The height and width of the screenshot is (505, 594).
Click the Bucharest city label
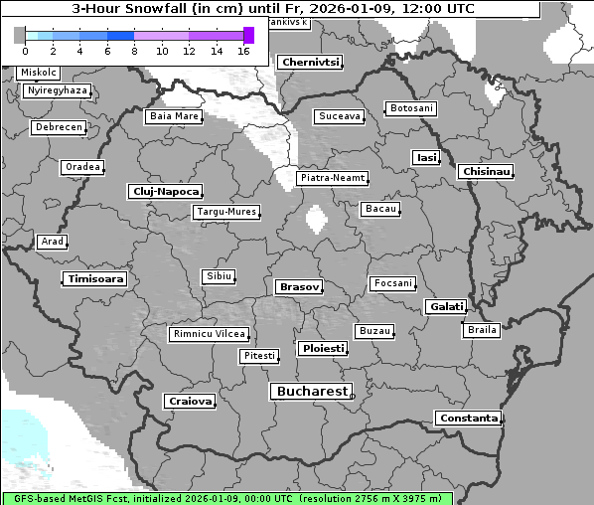click(x=311, y=392)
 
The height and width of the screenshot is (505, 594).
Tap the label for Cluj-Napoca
click(x=165, y=191)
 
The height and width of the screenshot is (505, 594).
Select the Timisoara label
click(x=95, y=279)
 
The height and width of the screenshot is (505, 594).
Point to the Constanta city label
click(x=468, y=419)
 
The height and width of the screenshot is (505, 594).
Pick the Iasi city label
click(x=426, y=157)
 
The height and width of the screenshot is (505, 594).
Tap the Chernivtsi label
click(x=310, y=62)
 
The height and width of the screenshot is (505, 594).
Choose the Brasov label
click(x=299, y=286)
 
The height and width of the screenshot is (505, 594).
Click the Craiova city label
click(x=190, y=402)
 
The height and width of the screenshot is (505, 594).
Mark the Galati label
click(x=446, y=306)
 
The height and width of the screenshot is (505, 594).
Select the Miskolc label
click(x=39, y=73)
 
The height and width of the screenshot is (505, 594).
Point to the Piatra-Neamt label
click(x=333, y=178)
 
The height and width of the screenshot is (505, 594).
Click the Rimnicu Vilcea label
click(x=209, y=334)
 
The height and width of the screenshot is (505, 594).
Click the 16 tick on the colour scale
click(x=244, y=51)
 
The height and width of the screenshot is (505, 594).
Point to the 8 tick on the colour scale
click(x=134, y=51)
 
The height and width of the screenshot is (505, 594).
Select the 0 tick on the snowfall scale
click(x=24, y=51)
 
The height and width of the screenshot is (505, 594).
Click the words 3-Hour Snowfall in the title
click(x=124, y=9)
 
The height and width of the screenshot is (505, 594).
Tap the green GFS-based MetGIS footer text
click(x=149, y=498)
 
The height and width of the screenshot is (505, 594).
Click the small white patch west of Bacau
click(x=317, y=218)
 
